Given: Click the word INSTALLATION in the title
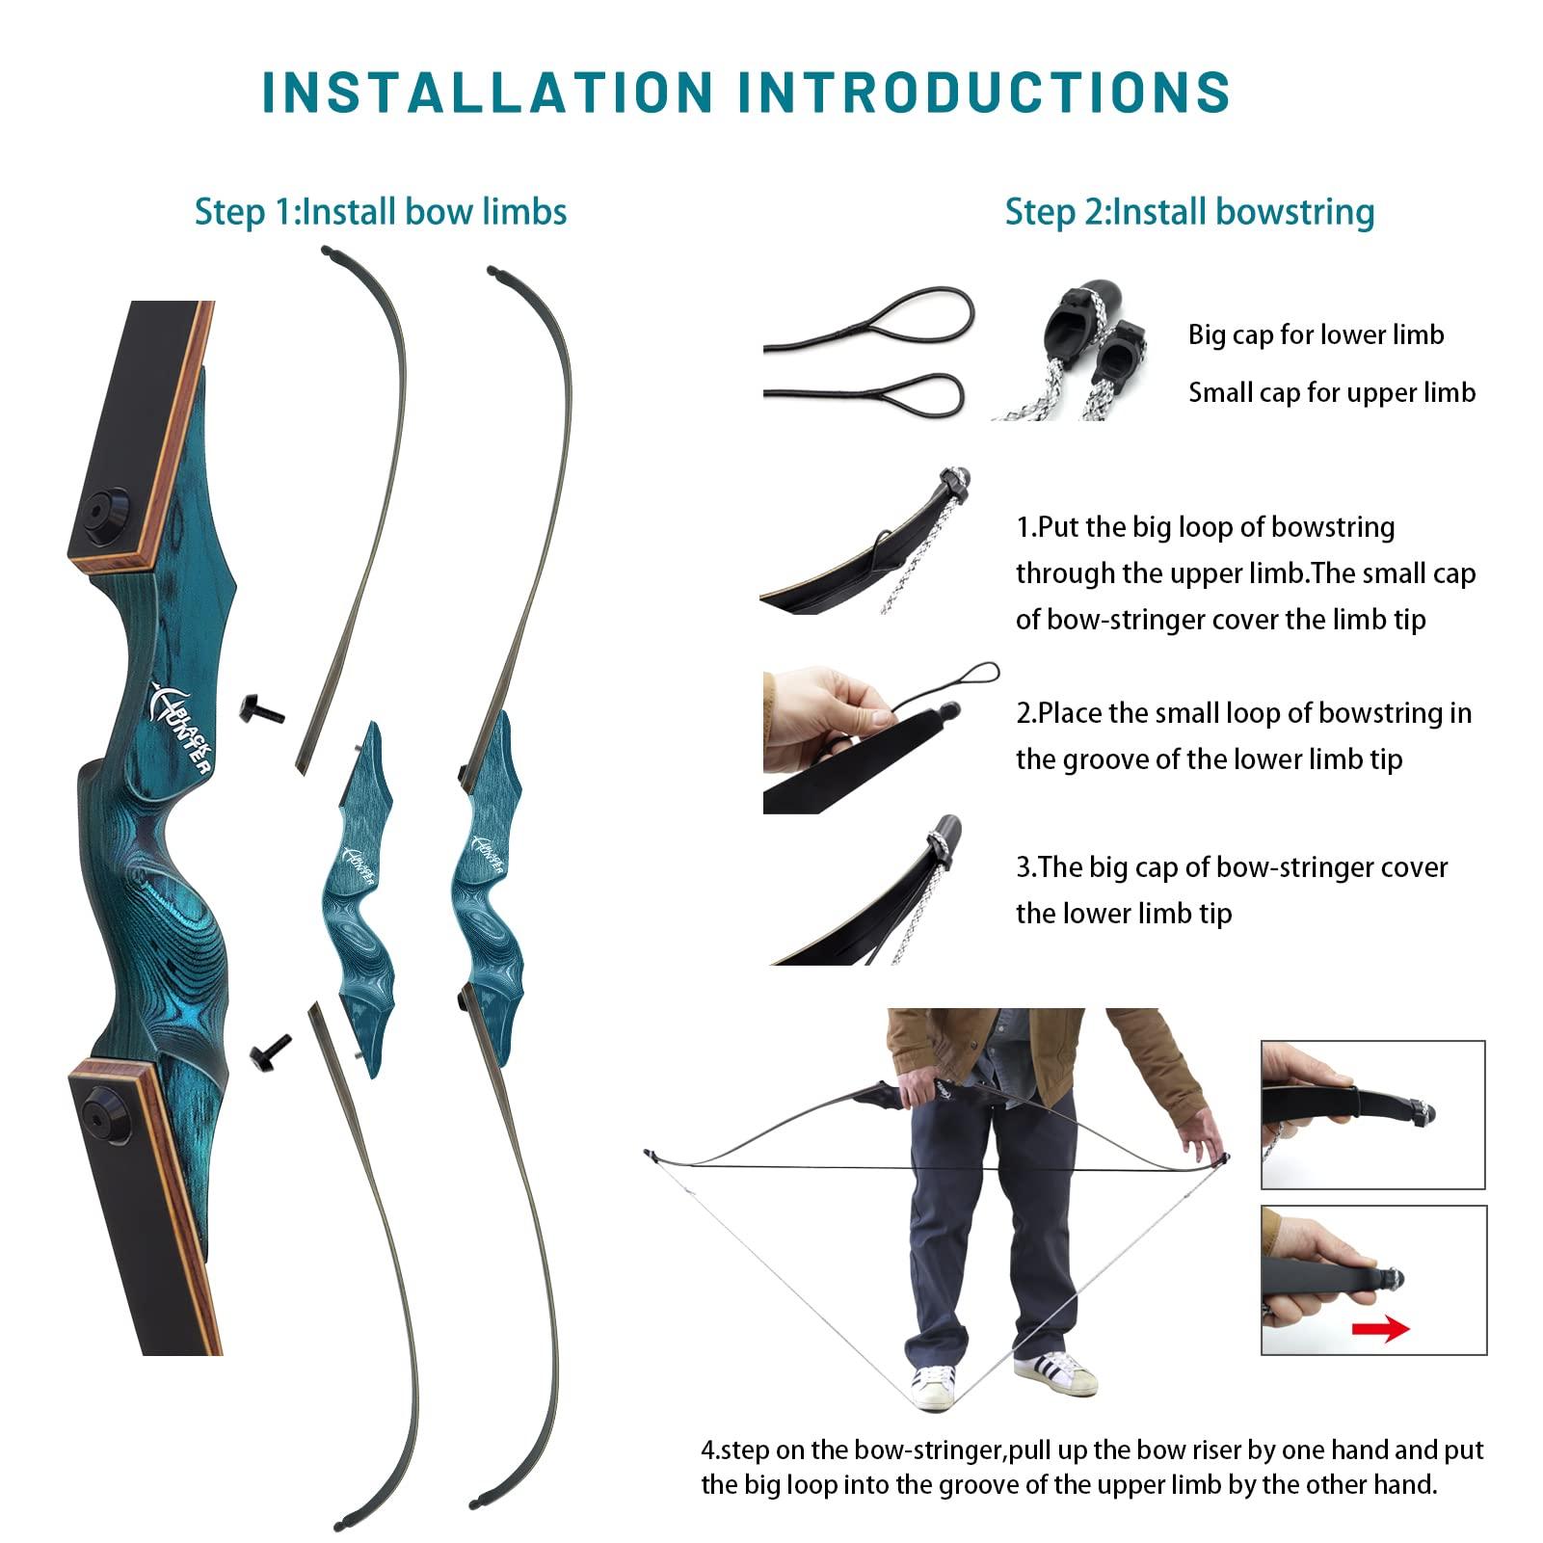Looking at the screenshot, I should pos(487,93).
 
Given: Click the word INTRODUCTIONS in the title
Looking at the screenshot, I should pos(984,93).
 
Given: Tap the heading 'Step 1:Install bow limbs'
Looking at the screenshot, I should pos(381,212).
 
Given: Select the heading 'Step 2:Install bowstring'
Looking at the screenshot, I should pos(1189,212).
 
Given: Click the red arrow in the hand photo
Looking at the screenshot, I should pos(1379,1330).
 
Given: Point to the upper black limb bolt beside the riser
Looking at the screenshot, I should pos(261,710).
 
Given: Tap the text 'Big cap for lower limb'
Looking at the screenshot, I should pos(1316,335).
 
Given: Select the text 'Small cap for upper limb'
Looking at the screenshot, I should pos(1331,393).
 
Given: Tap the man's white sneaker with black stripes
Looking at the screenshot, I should pos(1055,1372).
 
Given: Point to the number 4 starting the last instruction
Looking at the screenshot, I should pos(708,1450).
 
